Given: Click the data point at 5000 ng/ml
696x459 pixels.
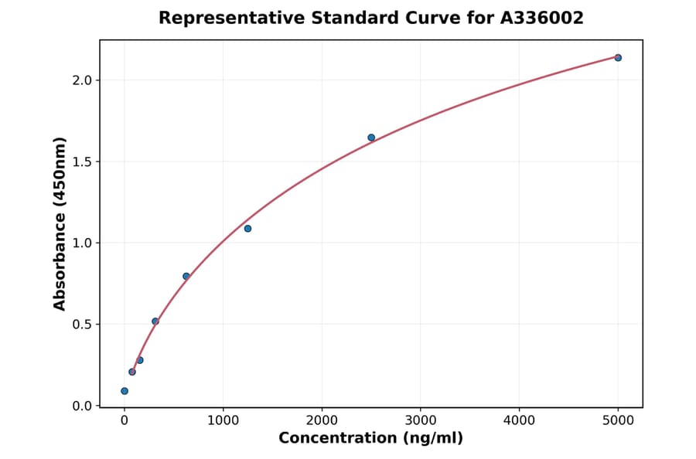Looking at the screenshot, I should tap(618, 58).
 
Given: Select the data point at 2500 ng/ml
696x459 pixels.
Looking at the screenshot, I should tap(371, 138).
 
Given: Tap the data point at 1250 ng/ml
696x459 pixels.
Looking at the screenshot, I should tap(247, 229).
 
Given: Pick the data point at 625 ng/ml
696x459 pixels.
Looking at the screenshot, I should tap(186, 276).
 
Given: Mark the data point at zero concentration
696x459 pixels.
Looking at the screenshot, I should tap(125, 391).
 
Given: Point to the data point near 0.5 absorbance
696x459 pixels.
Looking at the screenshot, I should tap(155, 321).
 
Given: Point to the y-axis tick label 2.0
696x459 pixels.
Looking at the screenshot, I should tap(82, 80).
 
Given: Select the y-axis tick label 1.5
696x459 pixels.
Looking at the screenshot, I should tap(82, 161).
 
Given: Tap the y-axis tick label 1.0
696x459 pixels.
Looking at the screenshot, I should tap(82, 243).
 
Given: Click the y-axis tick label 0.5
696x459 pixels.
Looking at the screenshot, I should tap(82, 325).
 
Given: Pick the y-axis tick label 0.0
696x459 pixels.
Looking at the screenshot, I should tap(82, 406).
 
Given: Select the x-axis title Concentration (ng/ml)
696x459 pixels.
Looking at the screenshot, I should tap(370, 439).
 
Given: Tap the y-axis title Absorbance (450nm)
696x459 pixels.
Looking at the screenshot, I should tap(60, 223).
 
